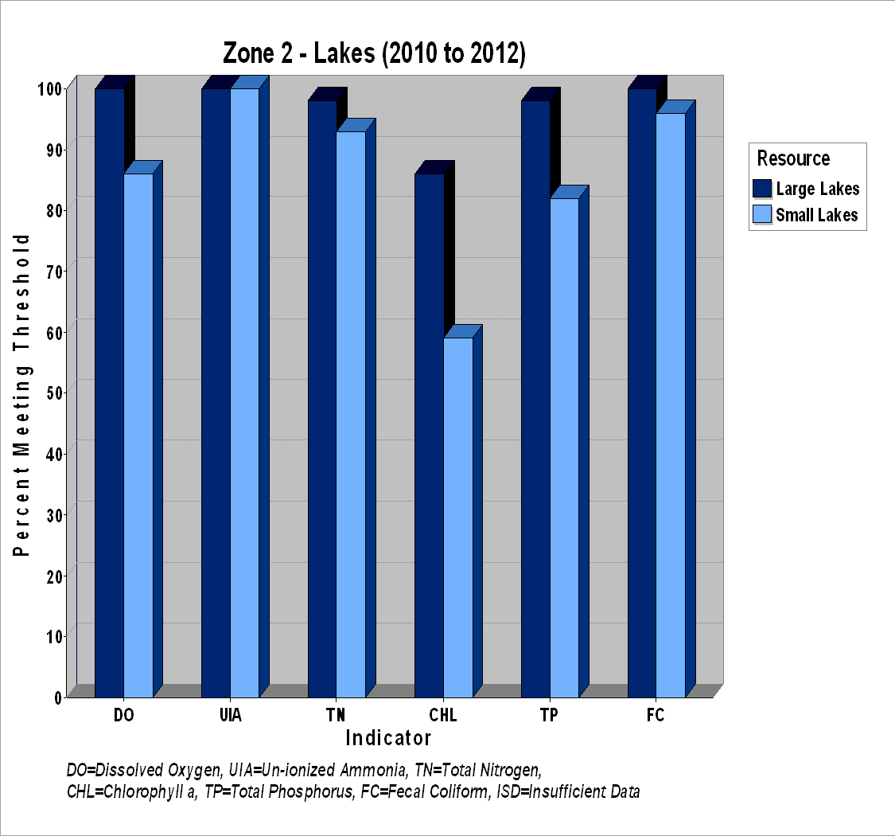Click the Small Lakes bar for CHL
coord(458,518)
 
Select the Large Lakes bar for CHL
coord(430,436)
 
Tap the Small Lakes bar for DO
coord(138,436)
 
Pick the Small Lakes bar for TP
coord(565,448)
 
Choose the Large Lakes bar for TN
coord(322,399)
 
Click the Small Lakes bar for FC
coord(671,405)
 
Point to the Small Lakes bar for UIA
coord(245,393)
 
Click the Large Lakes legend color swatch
coord(762,189)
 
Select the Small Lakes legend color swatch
coord(762,214)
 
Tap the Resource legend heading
coord(793,158)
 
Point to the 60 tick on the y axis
coord(54,333)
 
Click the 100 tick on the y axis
coord(49,89)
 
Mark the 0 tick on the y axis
coord(58,697)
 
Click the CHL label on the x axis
coord(443,715)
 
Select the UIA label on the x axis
coord(231,715)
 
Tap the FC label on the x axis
coord(656,715)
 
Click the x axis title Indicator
coord(388,738)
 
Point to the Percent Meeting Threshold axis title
coord(21,394)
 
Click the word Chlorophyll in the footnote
coord(134,792)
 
